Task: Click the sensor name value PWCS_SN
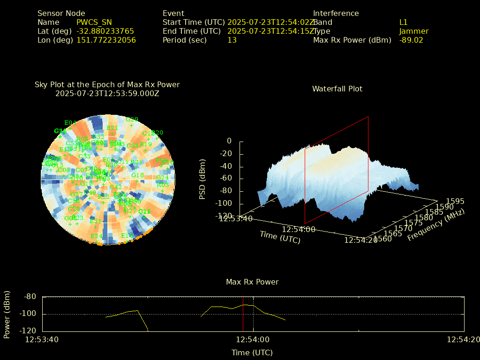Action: pos(94,22)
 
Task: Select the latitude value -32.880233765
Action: pos(105,31)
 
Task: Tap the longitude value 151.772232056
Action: pos(106,40)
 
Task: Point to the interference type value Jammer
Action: pos(413,31)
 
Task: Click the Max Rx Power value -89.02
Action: pos(411,40)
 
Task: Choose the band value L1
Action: pos(403,22)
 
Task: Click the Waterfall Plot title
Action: pos(337,89)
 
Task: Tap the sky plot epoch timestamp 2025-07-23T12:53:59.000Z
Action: pos(107,94)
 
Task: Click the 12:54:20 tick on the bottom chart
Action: pos(463,340)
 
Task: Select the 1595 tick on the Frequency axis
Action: pos(455,202)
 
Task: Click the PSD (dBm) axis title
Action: pos(202,178)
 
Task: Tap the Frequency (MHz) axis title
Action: pos(436,225)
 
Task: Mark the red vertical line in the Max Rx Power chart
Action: pos(243,314)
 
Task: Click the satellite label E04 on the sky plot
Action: pos(70,123)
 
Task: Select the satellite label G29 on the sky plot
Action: pos(132,120)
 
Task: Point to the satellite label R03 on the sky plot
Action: pos(162,185)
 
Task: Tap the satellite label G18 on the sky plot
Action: pos(137,175)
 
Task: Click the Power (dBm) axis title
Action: pos(7,314)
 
